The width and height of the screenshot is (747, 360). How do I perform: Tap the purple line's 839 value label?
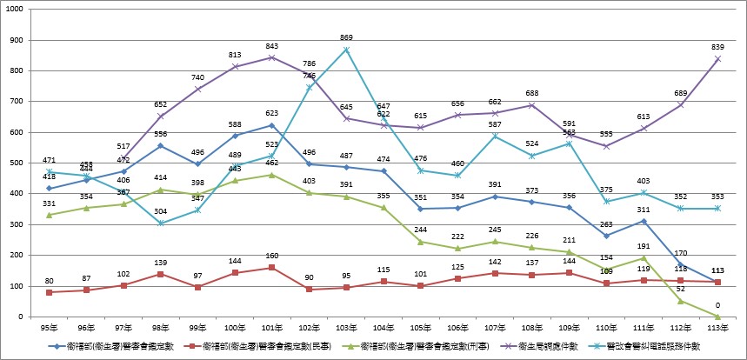click(x=718, y=47)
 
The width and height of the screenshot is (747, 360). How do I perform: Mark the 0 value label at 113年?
click(x=718, y=304)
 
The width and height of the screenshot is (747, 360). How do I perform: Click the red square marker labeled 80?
click(x=50, y=292)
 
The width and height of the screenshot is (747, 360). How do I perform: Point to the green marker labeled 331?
click(x=50, y=215)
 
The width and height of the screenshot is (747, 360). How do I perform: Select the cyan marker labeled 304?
click(x=163, y=223)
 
